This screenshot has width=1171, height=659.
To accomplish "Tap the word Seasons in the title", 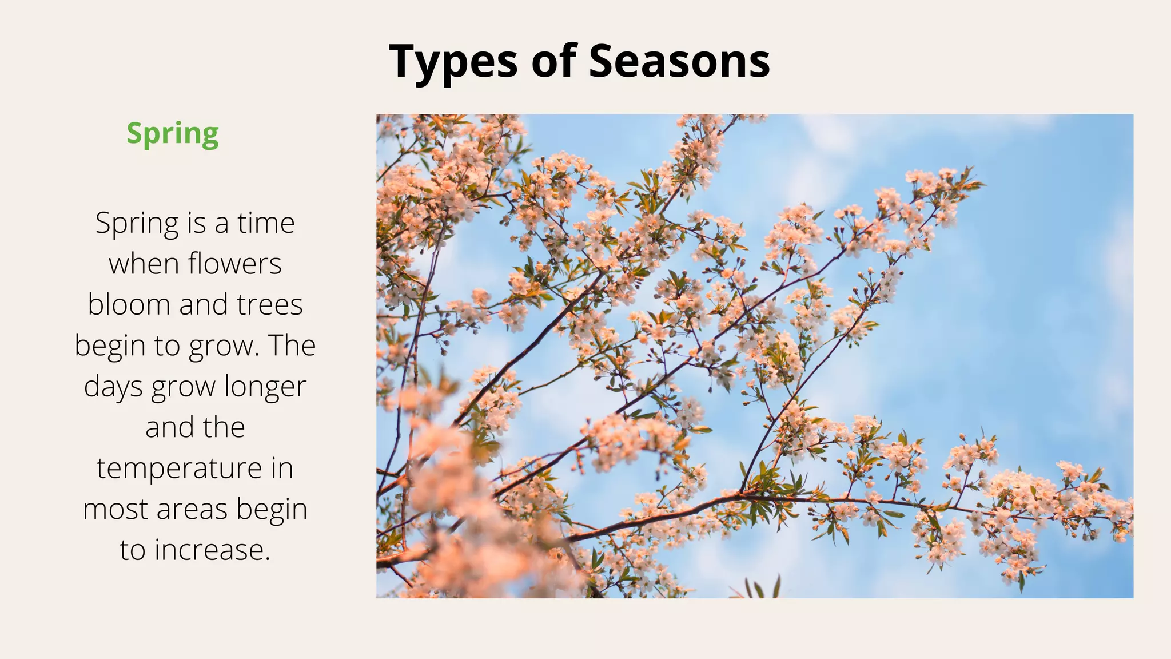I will tap(679, 61).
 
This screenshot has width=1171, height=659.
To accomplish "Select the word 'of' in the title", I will tap(553, 61).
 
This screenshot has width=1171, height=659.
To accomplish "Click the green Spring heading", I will tap(172, 134).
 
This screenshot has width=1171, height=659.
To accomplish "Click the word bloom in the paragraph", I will tap(129, 304).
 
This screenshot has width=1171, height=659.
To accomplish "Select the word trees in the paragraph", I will tap(270, 304).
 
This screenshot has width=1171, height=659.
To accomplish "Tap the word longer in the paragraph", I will tap(265, 387).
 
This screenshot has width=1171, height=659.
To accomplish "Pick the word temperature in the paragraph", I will tap(180, 469).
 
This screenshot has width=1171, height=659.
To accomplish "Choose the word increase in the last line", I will tap(212, 550).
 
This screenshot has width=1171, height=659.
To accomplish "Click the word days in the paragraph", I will tap(113, 387).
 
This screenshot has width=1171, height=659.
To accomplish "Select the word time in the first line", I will tap(266, 223).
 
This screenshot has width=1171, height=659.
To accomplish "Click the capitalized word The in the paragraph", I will tap(292, 346).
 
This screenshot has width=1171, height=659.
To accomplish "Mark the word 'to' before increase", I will tap(133, 550).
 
